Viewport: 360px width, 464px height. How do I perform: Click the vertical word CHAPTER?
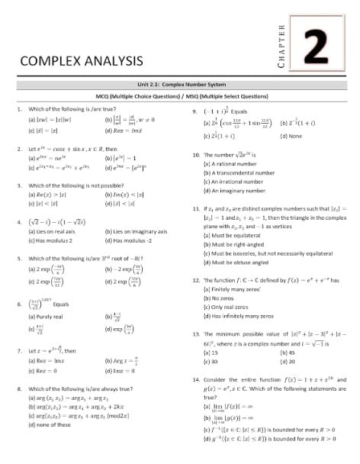tap(281, 47)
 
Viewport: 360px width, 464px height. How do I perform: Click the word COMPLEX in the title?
tap(50, 61)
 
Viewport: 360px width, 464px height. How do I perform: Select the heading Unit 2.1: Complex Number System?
tap(180, 89)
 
